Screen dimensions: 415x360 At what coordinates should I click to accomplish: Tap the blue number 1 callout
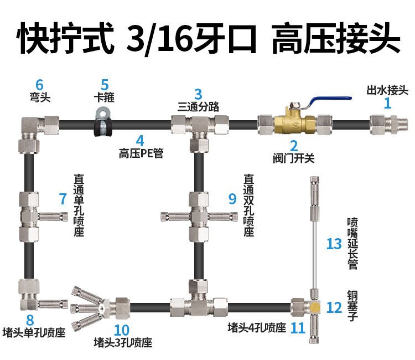[387, 102]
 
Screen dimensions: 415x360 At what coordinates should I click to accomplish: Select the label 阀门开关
[294, 158]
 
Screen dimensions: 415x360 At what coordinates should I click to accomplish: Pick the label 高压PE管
[141, 153]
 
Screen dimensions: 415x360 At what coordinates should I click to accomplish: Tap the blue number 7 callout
[63, 198]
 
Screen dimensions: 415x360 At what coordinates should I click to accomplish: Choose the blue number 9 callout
[232, 198]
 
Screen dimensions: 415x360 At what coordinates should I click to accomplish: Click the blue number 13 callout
[334, 243]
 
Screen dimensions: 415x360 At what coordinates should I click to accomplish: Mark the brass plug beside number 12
[314, 306]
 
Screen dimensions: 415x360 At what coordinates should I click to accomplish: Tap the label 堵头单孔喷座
[34, 333]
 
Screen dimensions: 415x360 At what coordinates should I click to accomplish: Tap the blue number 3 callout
[198, 94]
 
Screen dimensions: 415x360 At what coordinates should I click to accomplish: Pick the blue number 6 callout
[39, 85]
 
